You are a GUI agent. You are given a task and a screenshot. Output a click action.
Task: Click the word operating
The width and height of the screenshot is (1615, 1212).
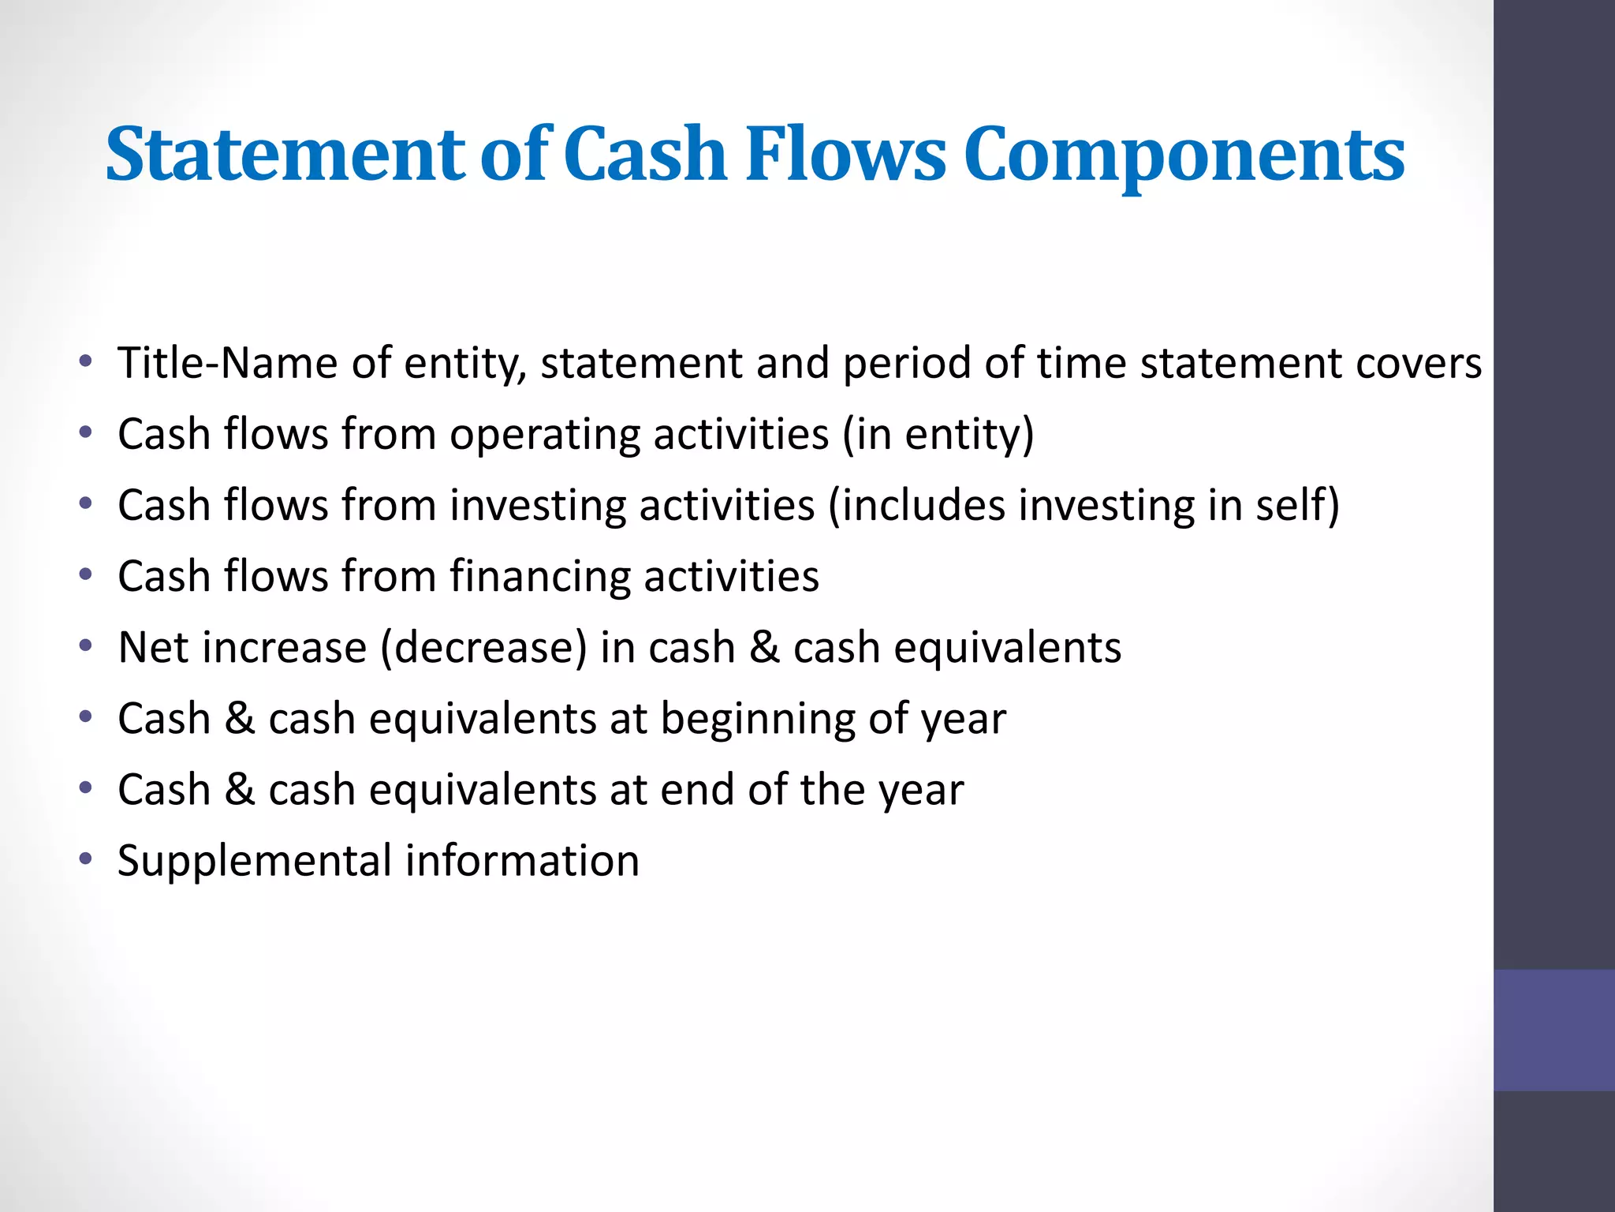pos(544,436)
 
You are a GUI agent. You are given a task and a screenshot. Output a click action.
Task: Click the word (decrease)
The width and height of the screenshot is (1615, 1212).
pos(483,648)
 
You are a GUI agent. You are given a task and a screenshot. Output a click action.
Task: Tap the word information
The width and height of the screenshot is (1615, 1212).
pos(522,860)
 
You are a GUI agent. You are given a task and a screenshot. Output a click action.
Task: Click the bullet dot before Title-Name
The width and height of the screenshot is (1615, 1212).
pos(86,361)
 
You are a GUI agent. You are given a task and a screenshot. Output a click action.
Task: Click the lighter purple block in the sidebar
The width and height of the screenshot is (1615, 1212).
pos(1553,1030)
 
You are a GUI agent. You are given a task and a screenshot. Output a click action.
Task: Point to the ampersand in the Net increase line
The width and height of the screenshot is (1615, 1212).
pos(763,647)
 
